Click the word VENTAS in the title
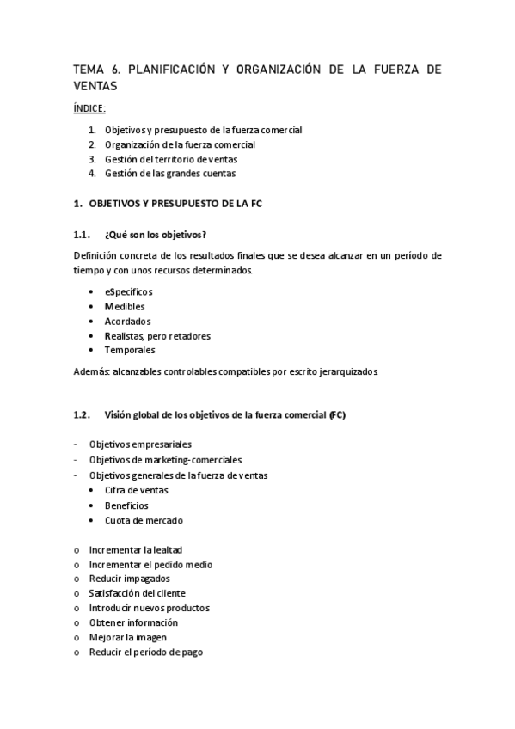pos(95,86)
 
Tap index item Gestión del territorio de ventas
pos(171,159)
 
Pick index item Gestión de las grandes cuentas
pos(169,174)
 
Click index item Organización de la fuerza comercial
pos(180,144)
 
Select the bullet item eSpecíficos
pos(129,292)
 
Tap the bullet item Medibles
pos(125,307)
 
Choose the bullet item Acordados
pos(127,322)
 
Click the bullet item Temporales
pos(130,351)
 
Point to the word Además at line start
pos(89,372)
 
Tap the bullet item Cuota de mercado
pos(144,520)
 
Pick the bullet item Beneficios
pos(126,505)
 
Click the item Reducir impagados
pos(129,579)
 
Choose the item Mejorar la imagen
pos(127,637)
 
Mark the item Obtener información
pos(133,622)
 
